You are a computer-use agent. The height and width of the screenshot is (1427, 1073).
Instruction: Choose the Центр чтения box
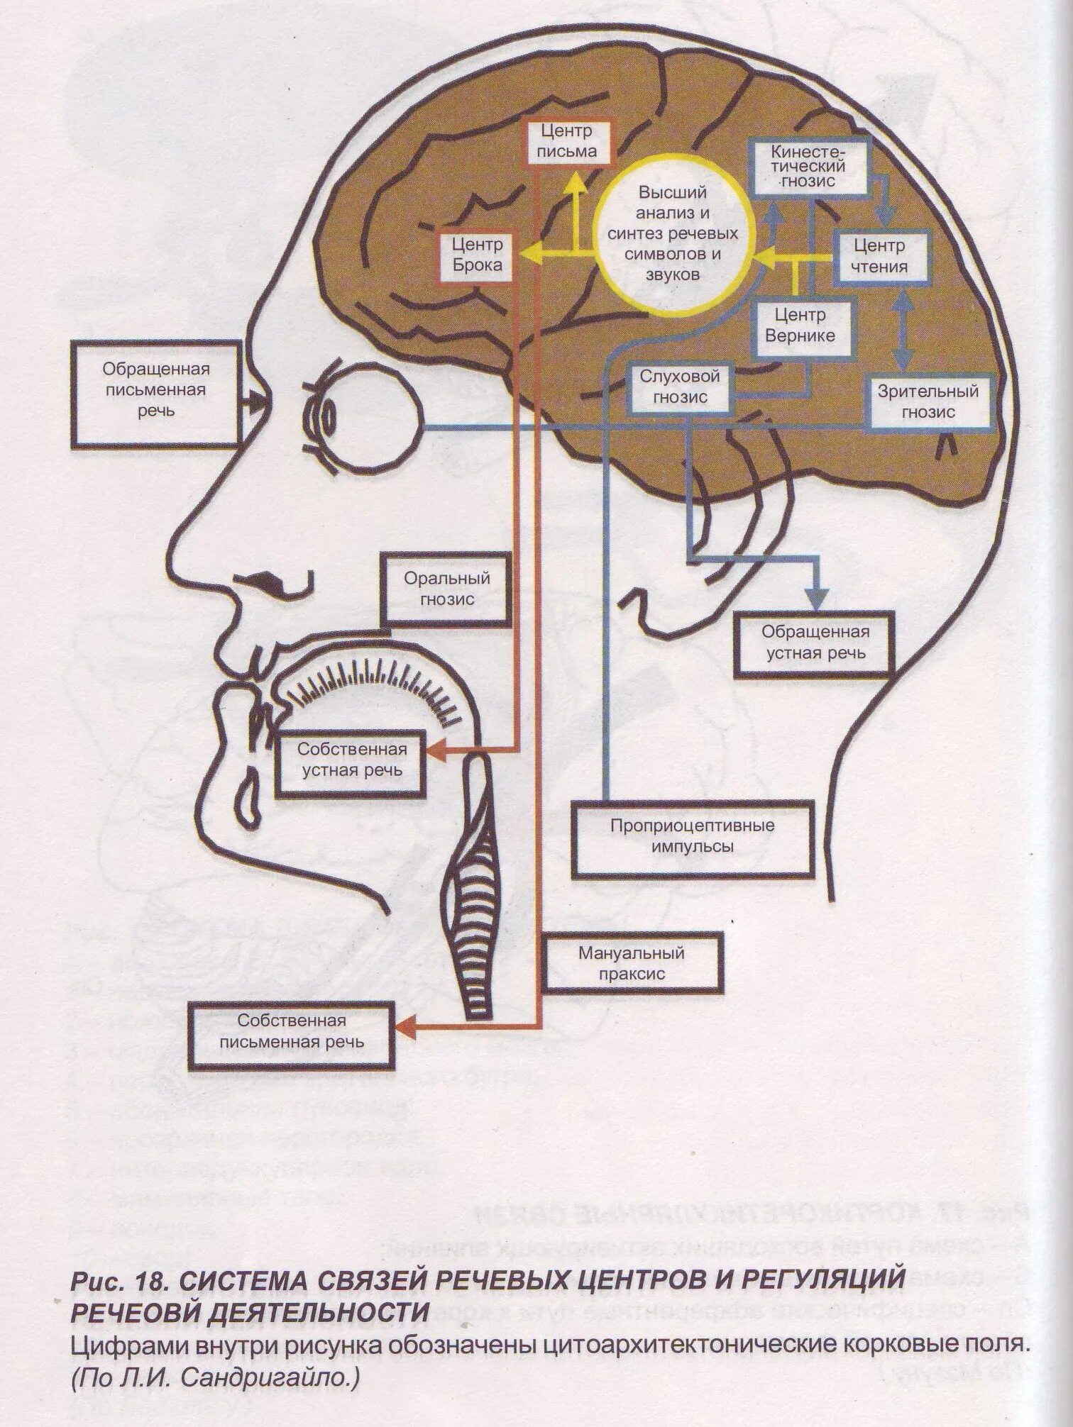(880, 256)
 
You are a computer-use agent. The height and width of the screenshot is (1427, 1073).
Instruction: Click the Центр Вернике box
(800, 325)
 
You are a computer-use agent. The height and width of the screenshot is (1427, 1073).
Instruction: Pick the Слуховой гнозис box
(674, 387)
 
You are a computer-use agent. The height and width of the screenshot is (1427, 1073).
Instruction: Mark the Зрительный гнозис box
(928, 401)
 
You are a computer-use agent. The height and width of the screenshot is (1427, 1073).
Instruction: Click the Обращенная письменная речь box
(155, 391)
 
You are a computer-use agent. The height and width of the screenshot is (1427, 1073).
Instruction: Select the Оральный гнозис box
(447, 589)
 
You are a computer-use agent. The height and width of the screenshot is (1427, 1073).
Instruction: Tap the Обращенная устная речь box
(815, 642)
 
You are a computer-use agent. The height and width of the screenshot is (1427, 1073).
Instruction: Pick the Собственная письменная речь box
(292, 1031)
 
